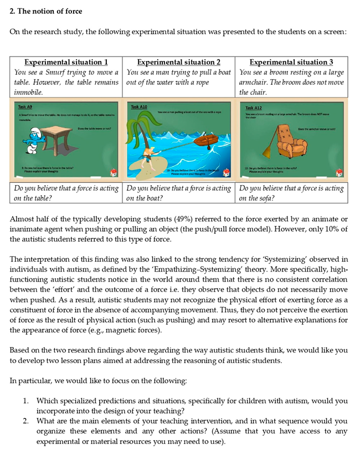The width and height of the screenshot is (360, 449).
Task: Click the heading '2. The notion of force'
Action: pos(46,11)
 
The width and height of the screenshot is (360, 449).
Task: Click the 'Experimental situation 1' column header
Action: pos(66,62)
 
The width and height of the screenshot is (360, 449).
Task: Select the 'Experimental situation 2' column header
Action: pos(179,62)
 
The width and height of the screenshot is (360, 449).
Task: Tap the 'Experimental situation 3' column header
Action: pos(291,62)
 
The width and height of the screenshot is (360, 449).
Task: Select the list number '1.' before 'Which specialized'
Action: pos(26,401)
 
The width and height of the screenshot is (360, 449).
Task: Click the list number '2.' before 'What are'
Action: pos(26,421)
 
